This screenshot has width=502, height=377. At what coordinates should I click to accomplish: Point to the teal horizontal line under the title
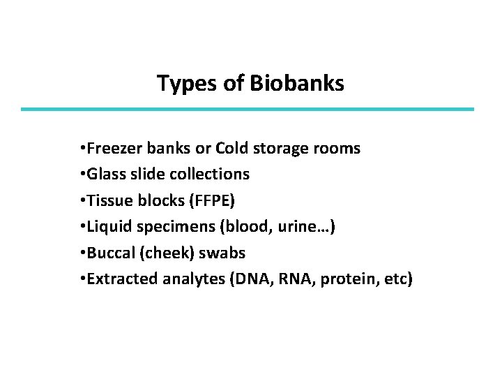pos(248,109)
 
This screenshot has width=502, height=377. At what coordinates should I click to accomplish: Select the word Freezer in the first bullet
pos(111,149)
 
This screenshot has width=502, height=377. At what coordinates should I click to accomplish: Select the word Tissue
pos(107,201)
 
